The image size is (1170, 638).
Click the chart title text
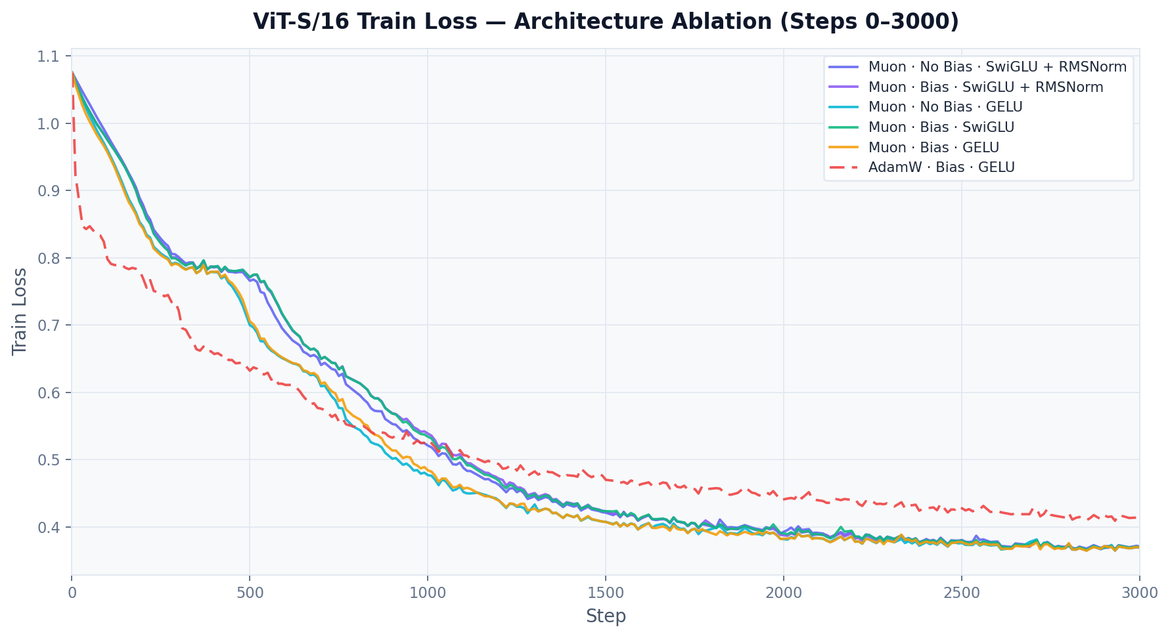[x=605, y=22]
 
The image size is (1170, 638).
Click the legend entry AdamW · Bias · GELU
[x=941, y=167]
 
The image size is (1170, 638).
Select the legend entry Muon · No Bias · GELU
[x=945, y=107]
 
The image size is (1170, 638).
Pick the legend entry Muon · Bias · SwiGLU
[x=941, y=127]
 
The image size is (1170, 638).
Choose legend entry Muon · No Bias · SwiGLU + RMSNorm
[x=997, y=67]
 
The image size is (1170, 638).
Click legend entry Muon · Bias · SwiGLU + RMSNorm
[x=985, y=87]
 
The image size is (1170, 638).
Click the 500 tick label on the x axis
[x=250, y=593]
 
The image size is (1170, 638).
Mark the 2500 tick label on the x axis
[x=962, y=593]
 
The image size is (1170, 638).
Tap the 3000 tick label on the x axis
[x=1139, y=593]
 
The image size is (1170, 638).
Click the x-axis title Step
[x=605, y=616]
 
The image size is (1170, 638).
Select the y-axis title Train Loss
[x=20, y=311]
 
